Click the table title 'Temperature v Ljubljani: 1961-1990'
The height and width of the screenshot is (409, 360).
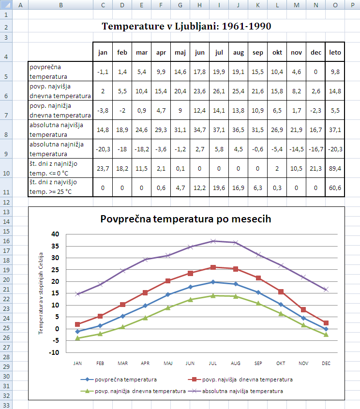click(186, 26)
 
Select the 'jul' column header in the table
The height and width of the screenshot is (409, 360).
click(219, 52)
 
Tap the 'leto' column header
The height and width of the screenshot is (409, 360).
click(334, 52)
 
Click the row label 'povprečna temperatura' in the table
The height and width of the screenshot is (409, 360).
click(60, 72)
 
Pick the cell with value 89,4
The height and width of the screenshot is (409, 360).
click(334, 168)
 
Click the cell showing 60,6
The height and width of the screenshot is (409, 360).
click(334, 188)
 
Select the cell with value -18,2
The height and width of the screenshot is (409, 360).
click(141, 149)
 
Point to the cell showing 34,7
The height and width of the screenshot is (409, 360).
click(199, 130)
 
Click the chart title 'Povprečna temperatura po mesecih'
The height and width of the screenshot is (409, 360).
click(186, 219)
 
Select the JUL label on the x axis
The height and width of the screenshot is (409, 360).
click(213, 363)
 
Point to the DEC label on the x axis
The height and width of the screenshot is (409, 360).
click(326, 363)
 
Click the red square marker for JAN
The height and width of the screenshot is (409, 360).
click(78, 324)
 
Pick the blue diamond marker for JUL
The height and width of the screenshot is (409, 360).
click(213, 282)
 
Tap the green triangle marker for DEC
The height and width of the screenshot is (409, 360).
click(326, 334)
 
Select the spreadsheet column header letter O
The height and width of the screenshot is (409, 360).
click(335, 5)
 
